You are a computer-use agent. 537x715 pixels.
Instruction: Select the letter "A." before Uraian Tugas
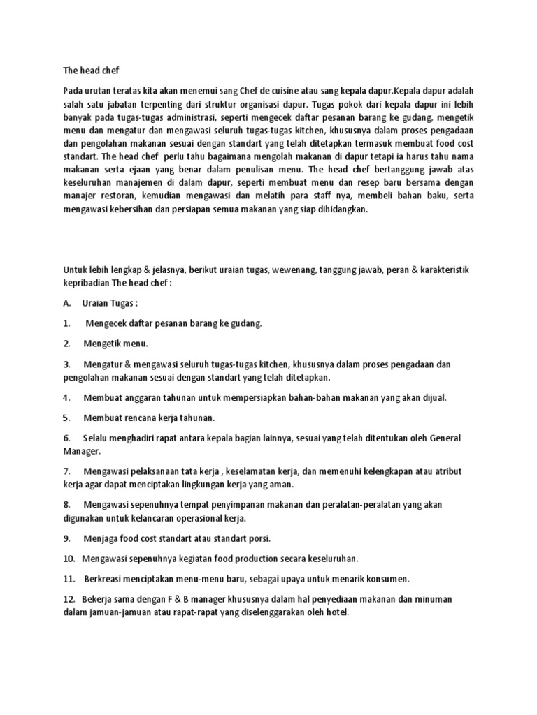[x=67, y=304]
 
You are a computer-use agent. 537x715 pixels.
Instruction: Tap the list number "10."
[x=69, y=559]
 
